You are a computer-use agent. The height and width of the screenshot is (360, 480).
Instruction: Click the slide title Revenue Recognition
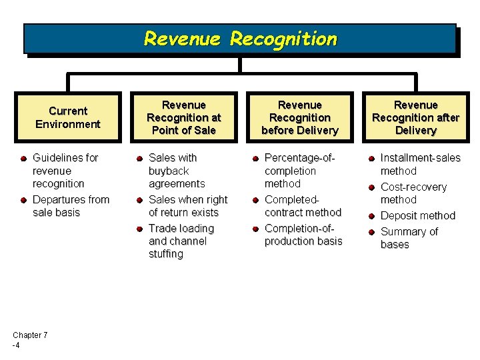pos(240,39)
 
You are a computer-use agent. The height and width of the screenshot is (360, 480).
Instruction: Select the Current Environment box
pos(67,117)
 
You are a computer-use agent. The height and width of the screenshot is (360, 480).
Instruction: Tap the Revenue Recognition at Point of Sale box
pos(183,117)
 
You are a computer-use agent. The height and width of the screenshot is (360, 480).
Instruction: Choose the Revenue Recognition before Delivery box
pos(299,117)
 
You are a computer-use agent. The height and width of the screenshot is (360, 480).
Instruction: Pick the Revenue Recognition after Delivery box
pos(415,117)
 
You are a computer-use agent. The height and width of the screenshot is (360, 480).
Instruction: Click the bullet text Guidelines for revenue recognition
pos(65,171)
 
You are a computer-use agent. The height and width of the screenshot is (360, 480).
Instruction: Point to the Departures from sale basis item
pos(70,206)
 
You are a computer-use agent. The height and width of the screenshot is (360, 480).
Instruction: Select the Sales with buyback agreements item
pos(177,171)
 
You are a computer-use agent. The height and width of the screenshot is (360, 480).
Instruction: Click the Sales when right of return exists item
pos(187,206)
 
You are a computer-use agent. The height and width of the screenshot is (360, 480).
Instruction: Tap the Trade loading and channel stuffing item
pos(181,241)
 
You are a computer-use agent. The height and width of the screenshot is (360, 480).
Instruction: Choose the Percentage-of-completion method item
pos(299,171)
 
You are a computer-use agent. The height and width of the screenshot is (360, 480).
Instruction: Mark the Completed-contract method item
pos(302,206)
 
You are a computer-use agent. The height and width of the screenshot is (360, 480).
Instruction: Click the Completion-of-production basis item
pos(303,235)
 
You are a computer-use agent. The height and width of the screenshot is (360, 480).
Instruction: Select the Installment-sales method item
pos(419,164)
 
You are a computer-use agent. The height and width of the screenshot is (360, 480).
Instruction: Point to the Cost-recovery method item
pos(413,193)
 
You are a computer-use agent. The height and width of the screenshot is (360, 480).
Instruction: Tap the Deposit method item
pos(417,215)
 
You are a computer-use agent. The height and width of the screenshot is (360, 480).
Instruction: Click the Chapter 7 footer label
pos(29,340)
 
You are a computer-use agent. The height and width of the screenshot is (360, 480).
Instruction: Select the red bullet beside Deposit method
pos(371,216)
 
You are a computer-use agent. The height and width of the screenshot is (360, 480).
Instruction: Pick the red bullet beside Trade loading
pos(139,229)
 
